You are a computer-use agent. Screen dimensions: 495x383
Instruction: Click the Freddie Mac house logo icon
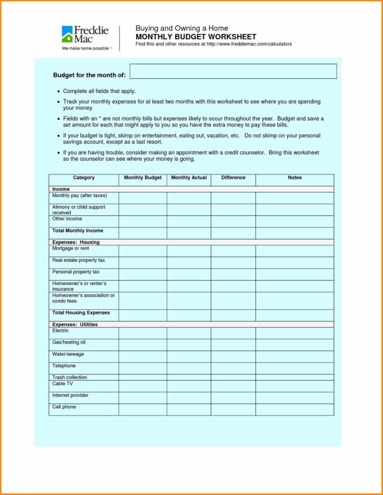pos(67,34)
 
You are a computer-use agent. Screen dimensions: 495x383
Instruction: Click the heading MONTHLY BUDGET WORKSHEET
pos(196,37)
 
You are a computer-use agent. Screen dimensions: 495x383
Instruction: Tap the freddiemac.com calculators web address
pos(249,44)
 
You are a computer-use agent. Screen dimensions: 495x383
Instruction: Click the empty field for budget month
pos(233,71)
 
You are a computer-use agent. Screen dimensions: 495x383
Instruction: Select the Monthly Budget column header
pos(143,178)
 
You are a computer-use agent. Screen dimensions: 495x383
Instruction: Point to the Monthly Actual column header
pos(189,178)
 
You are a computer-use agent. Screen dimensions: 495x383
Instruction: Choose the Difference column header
pos(233,178)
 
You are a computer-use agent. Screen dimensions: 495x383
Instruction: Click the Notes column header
pos(294,178)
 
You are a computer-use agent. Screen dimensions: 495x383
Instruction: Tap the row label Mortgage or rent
pos(70,248)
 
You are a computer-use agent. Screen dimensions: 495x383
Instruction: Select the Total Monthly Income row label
pos(78,231)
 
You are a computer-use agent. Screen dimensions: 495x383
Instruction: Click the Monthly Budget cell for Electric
pos(143,333)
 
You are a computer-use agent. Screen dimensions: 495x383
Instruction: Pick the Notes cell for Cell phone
pos(294,409)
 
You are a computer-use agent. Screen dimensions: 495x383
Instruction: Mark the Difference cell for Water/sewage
pos(233,356)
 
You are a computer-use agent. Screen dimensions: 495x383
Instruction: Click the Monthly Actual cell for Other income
pos(189,221)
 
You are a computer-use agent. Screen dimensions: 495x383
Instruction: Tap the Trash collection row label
pos(69,377)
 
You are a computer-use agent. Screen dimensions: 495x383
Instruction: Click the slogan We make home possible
pos(85,48)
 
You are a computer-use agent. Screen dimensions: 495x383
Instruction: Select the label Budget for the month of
pos(89,75)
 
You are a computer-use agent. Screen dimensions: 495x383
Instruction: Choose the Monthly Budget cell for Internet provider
pos(143,398)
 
